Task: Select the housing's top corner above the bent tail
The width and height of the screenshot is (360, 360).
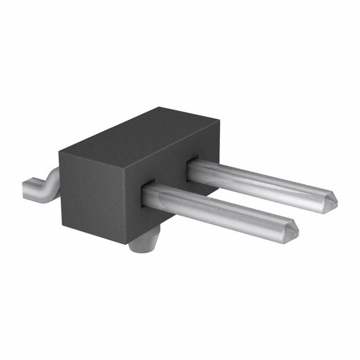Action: [60, 149]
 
